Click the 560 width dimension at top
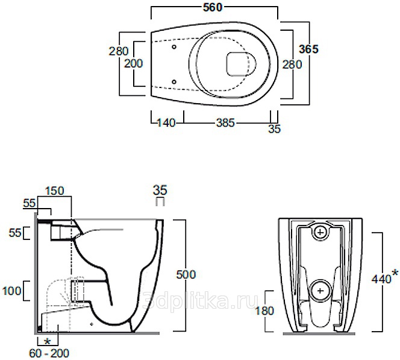(213, 7)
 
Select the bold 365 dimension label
(308, 49)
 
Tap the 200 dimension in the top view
(133, 63)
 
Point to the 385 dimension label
(225, 123)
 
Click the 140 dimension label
(166, 123)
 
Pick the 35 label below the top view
(275, 129)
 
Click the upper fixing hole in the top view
(174, 47)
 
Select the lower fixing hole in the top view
(174, 81)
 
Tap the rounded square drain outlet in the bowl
(237, 64)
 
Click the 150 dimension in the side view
(55, 191)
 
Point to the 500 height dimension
(186, 274)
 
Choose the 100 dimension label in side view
(11, 291)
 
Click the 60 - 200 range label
(49, 353)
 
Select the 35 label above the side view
(160, 190)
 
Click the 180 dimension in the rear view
(264, 311)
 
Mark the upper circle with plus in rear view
(320, 232)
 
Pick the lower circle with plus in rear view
(320, 291)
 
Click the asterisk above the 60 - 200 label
(47, 341)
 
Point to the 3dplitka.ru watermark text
(199, 300)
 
